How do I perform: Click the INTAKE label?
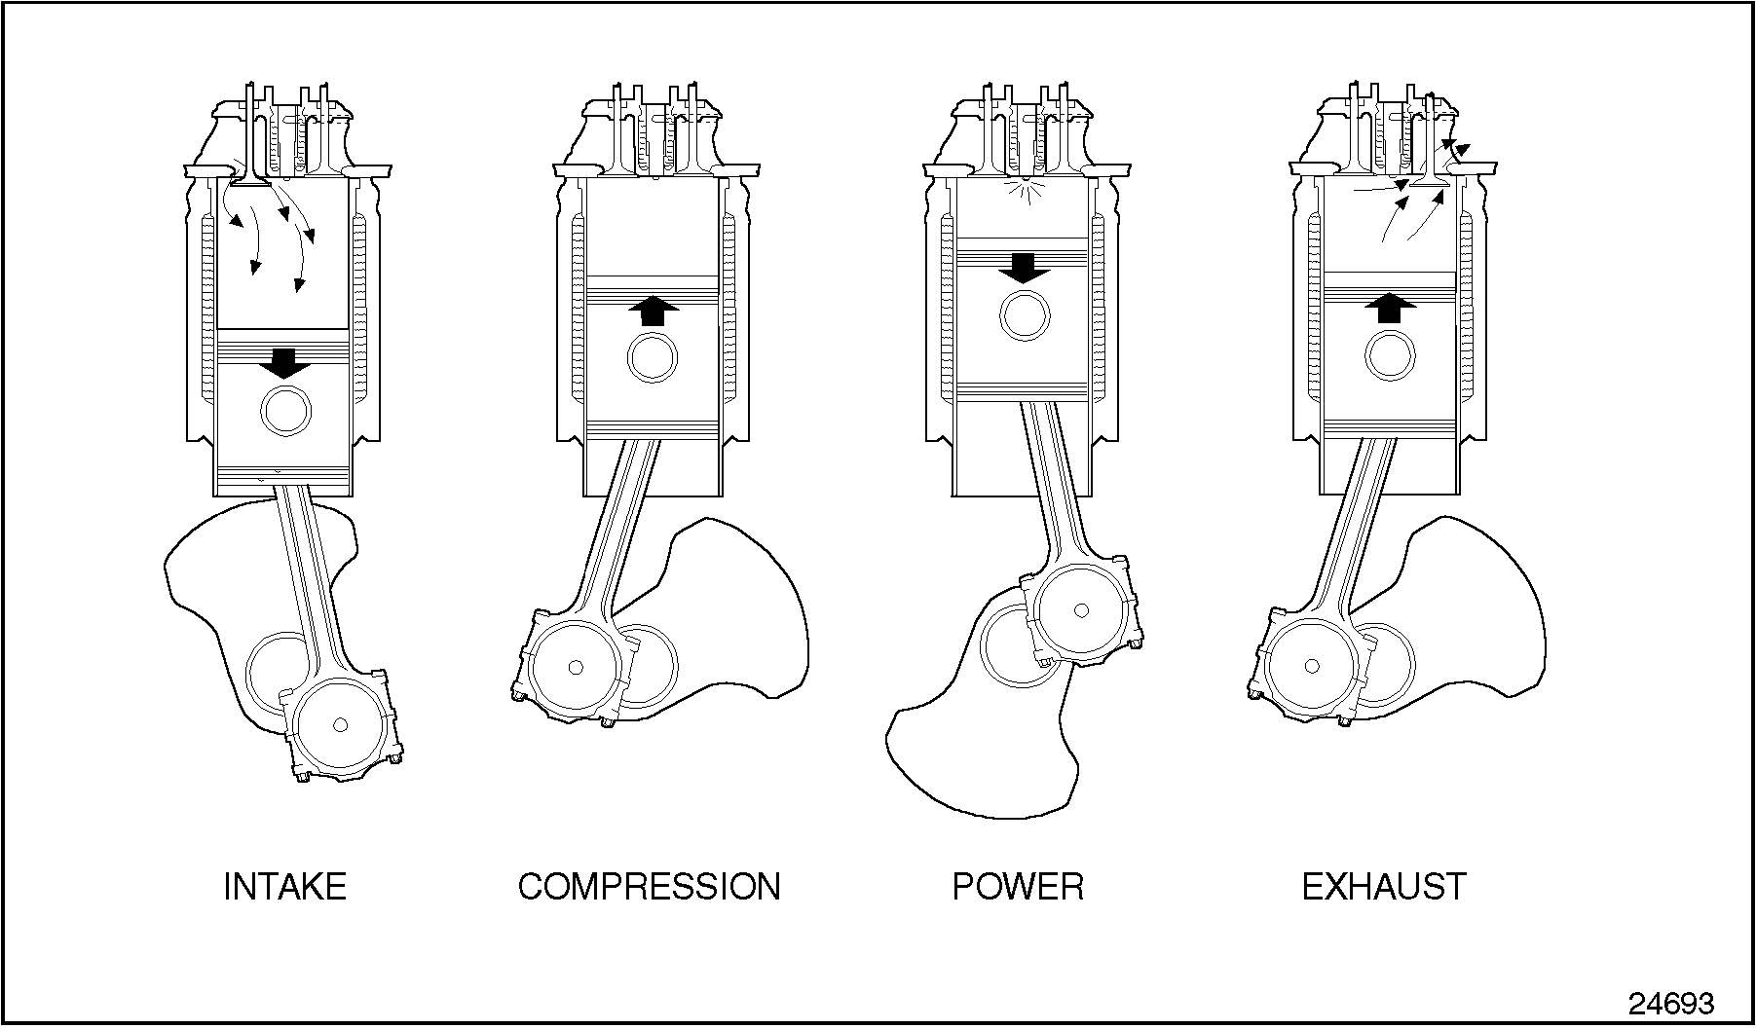click(284, 887)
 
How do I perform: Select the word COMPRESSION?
click(649, 887)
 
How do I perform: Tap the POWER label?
click(1017, 887)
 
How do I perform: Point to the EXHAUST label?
click(1383, 887)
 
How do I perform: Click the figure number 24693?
click(1671, 1004)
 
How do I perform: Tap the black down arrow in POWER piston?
click(1024, 267)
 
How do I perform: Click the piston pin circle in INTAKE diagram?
click(285, 411)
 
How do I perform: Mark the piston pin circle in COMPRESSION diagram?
click(653, 358)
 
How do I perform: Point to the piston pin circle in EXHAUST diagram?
click(1390, 355)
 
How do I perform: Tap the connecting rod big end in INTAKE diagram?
click(340, 725)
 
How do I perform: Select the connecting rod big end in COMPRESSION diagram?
click(575, 668)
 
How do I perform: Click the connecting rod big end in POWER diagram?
click(1080, 611)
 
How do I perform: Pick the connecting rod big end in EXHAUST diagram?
click(1312, 667)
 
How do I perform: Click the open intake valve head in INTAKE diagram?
click(252, 181)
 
